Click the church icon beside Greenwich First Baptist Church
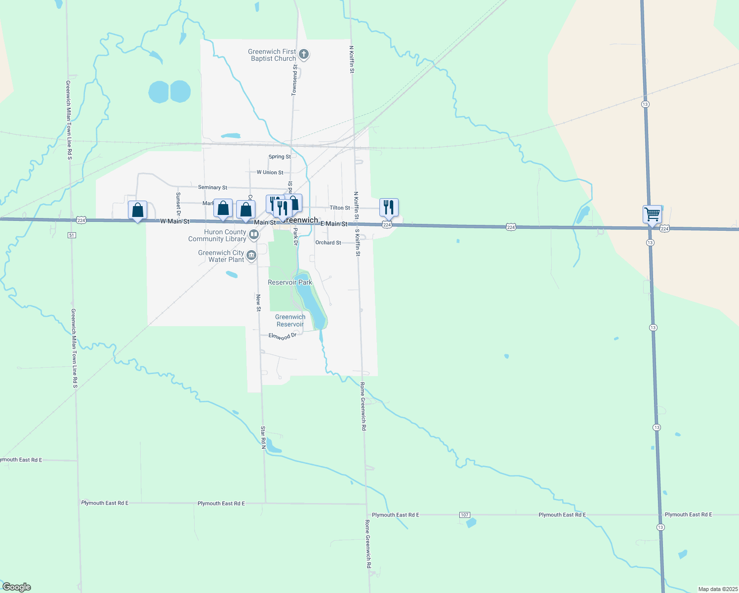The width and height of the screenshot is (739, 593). tap(304, 54)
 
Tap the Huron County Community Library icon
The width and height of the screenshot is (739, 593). tap(253, 235)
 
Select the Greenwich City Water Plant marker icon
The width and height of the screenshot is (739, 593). tap(251, 255)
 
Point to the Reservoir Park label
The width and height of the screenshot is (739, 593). tap(290, 282)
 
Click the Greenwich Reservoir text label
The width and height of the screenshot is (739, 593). tap(290, 321)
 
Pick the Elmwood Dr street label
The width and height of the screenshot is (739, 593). tap(283, 336)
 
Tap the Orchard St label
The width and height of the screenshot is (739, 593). tap(328, 243)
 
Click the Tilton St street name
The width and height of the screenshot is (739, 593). tap(340, 208)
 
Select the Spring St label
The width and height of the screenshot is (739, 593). tap(280, 157)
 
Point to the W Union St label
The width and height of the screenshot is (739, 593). tap(270, 172)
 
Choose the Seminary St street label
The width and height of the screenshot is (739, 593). tap(212, 187)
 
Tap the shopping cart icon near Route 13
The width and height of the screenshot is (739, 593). tap(652, 214)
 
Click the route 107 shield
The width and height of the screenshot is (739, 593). tap(464, 515)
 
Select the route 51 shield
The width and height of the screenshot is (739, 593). tap(72, 235)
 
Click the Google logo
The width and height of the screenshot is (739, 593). tap(17, 587)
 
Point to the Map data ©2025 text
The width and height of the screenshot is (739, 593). tap(717, 589)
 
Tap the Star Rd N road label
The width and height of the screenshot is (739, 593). tap(263, 438)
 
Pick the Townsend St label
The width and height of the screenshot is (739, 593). tap(295, 79)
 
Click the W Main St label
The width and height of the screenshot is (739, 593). tap(175, 221)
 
